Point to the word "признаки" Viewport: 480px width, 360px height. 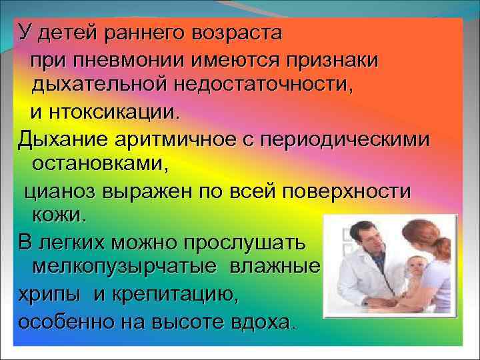(x=333, y=59)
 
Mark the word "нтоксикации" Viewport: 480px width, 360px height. (x=113, y=111)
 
